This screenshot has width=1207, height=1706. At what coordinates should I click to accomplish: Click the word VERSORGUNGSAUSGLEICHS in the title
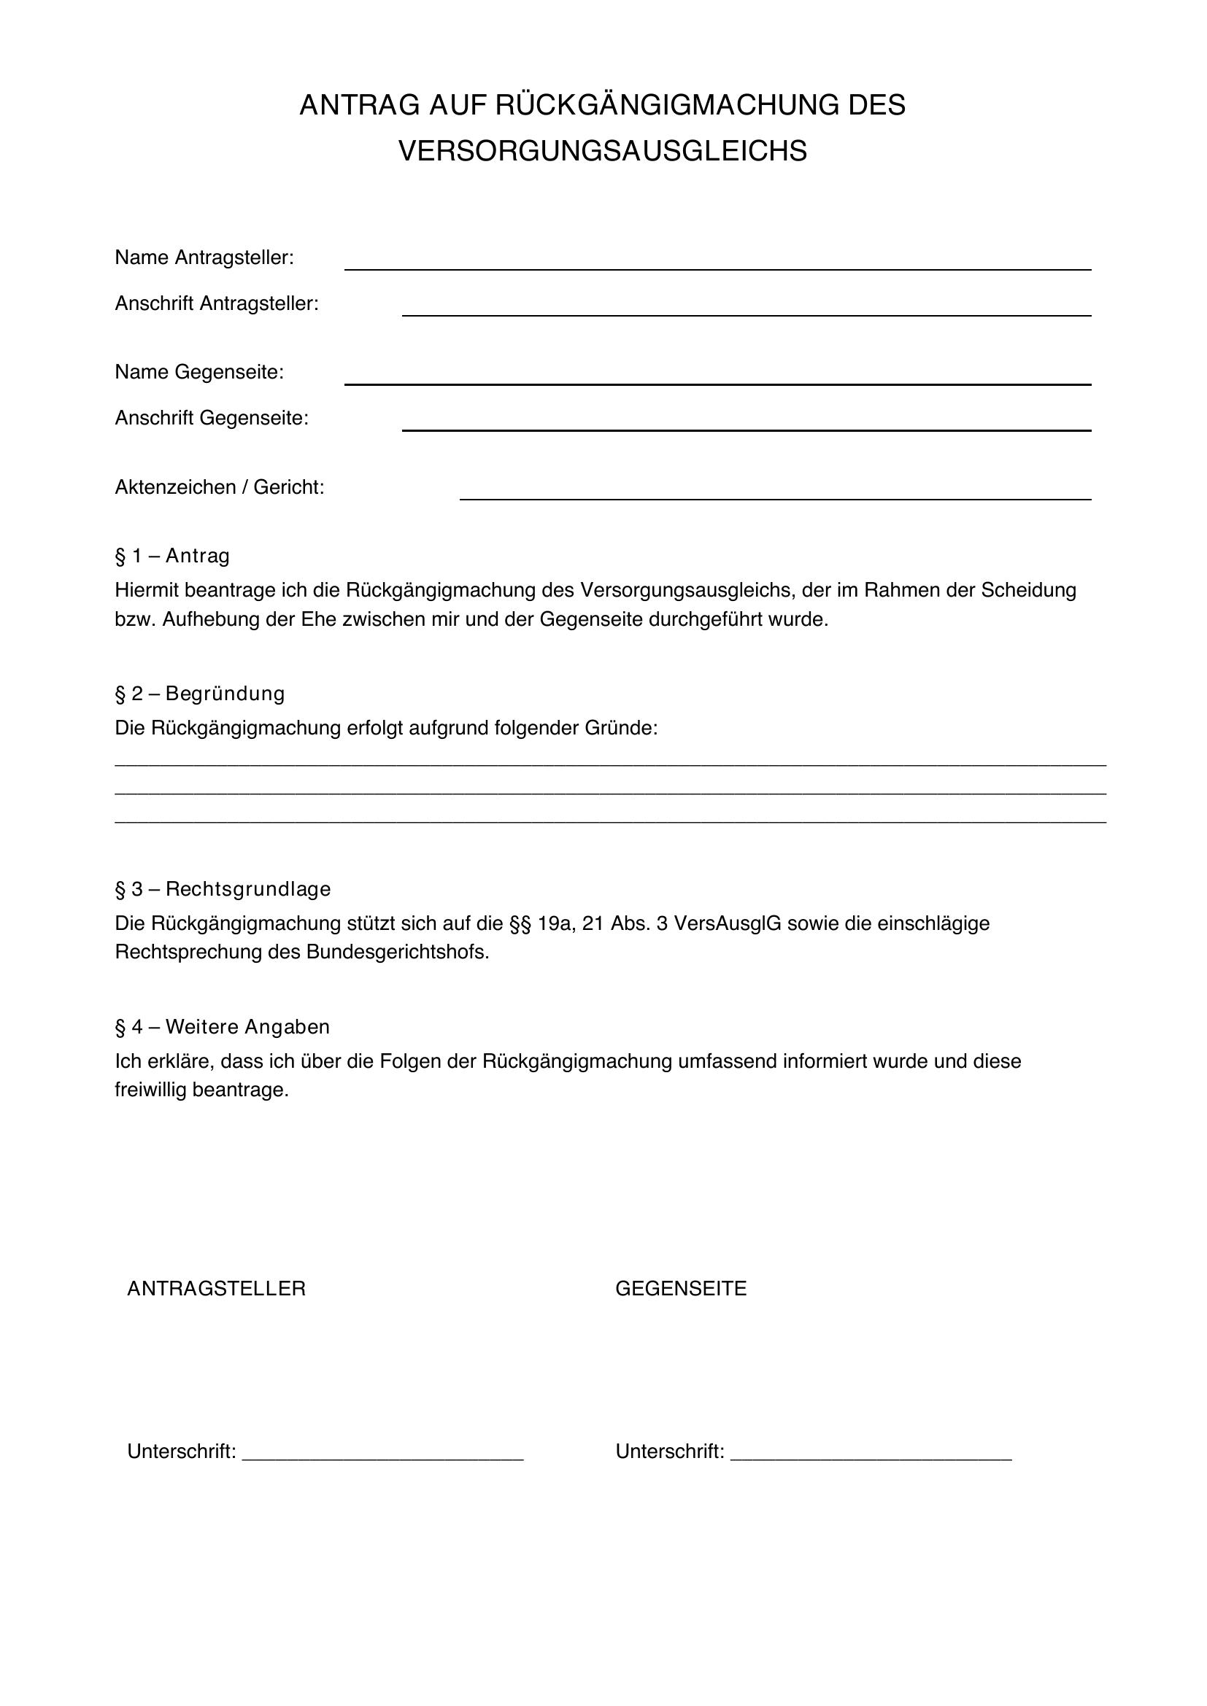[x=603, y=151]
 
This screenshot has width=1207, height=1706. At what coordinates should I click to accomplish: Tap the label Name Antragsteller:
[x=204, y=257]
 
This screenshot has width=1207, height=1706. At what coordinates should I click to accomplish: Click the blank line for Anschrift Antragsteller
[x=747, y=314]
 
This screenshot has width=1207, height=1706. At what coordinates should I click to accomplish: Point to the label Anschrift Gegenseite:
[x=212, y=419]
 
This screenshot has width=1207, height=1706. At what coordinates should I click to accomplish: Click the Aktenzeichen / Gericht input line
[x=775, y=497]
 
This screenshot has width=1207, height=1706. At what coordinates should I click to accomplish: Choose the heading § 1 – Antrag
[x=172, y=556]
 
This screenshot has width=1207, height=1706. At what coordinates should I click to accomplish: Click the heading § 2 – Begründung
[x=200, y=693]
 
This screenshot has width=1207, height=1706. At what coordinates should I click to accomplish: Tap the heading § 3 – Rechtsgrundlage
[x=223, y=888]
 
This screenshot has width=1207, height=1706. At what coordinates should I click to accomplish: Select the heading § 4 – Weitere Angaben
[x=223, y=1026]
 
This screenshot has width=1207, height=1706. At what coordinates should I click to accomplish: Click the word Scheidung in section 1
[x=1029, y=590]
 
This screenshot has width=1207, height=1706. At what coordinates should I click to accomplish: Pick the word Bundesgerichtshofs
[x=397, y=953]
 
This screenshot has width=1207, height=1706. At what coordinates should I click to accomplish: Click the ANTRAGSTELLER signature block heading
[x=216, y=1288]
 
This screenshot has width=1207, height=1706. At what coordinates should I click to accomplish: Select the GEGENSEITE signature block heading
[x=681, y=1288]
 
